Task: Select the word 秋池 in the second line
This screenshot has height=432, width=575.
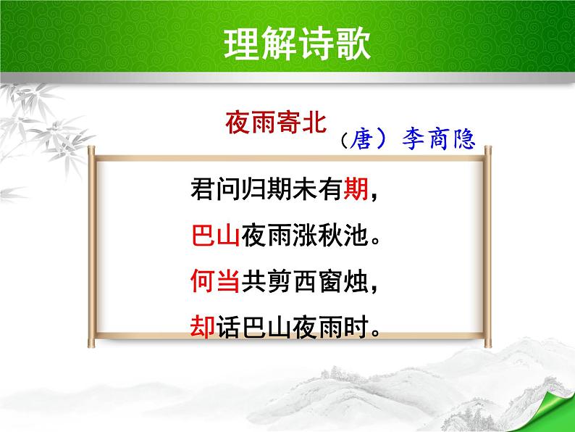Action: coord(341,235)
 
